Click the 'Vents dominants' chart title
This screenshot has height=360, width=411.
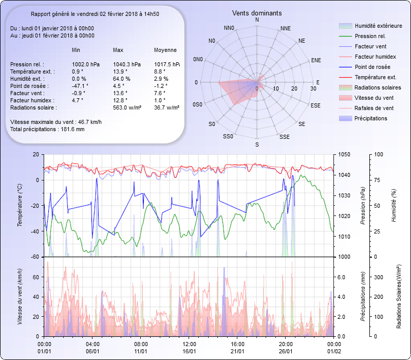(x=257, y=13)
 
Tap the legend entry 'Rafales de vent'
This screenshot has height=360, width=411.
(x=374, y=108)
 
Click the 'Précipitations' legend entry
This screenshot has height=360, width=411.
(x=371, y=118)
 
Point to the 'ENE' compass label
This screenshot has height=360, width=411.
(x=316, y=60)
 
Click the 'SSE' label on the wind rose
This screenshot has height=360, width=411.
(x=284, y=137)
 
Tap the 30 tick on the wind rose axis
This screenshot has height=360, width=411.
(x=313, y=88)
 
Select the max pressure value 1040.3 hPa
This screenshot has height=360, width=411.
(x=126, y=64)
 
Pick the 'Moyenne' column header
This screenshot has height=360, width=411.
(x=165, y=50)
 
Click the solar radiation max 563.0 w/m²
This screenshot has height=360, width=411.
(x=128, y=107)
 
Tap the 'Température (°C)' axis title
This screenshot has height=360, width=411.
(x=21, y=206)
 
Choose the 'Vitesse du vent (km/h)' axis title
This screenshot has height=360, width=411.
(x=21, y=297)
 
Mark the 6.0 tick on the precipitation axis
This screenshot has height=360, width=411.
(x=343, y=277)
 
